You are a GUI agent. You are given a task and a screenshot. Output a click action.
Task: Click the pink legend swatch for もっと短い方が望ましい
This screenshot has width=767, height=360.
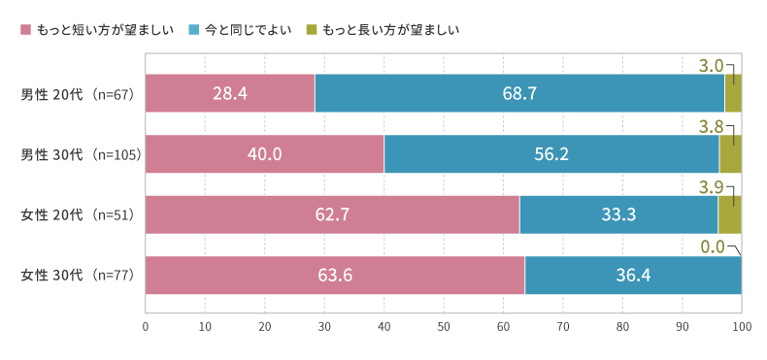point(26,30)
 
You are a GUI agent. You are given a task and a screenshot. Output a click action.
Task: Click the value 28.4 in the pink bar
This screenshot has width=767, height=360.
point(230,94)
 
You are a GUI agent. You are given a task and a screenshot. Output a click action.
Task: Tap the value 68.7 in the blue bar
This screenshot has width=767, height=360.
point(519,94)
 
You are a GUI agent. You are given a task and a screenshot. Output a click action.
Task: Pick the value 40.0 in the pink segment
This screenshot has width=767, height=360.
point(264,154)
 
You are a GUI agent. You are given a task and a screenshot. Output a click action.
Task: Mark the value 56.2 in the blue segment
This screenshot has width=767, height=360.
point(551,154)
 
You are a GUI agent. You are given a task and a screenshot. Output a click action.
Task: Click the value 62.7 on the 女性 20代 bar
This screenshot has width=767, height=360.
point(332,214)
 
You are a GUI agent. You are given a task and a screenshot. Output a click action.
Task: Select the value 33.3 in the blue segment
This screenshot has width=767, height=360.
point(618,214)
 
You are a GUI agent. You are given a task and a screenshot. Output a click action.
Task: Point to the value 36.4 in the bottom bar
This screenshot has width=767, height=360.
point(633,276)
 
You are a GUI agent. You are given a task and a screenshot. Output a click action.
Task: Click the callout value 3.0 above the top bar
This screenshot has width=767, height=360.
point(711,66)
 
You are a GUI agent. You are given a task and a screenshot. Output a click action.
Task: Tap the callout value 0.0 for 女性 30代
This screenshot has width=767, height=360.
point(713,246)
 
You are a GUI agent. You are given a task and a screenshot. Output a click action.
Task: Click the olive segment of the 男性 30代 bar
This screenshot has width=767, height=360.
point(730,154)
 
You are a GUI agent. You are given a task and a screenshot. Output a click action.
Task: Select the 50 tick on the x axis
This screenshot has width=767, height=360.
point(444,327)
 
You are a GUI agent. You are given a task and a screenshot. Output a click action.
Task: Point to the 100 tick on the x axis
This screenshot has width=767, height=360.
point(742,327)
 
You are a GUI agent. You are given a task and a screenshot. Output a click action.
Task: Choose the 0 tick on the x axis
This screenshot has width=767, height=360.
point(146,327)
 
